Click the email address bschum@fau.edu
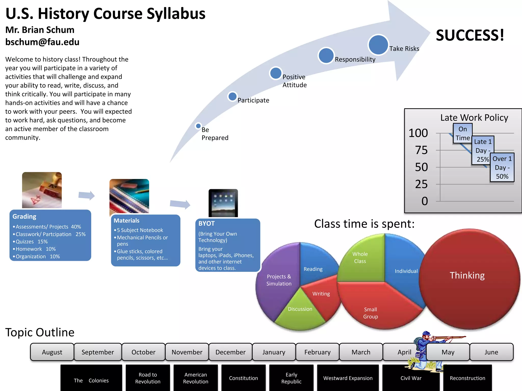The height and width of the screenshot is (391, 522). pos(42,42)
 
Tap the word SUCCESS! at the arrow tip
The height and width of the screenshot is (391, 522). pos(470,35)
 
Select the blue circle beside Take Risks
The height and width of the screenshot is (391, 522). pos(378,45)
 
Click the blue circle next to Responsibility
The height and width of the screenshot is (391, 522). pos(326,55)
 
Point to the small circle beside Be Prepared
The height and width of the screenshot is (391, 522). pos(198,126)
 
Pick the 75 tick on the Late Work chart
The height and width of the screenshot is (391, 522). pos(421,150)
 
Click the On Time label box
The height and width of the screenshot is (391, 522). pos(463,133)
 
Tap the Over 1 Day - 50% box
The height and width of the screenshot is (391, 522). pos(502,167)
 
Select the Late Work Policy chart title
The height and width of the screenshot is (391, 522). pos(474,118)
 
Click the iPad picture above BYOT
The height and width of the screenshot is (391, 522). pos(223,203)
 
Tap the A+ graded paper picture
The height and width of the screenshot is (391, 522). pos(42,190)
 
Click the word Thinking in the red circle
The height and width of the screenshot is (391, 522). pos(467,275)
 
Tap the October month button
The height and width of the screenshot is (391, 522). pos(143,352)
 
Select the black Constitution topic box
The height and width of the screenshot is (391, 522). pos(243,378)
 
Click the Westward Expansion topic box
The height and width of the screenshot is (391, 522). pos(348,378)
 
